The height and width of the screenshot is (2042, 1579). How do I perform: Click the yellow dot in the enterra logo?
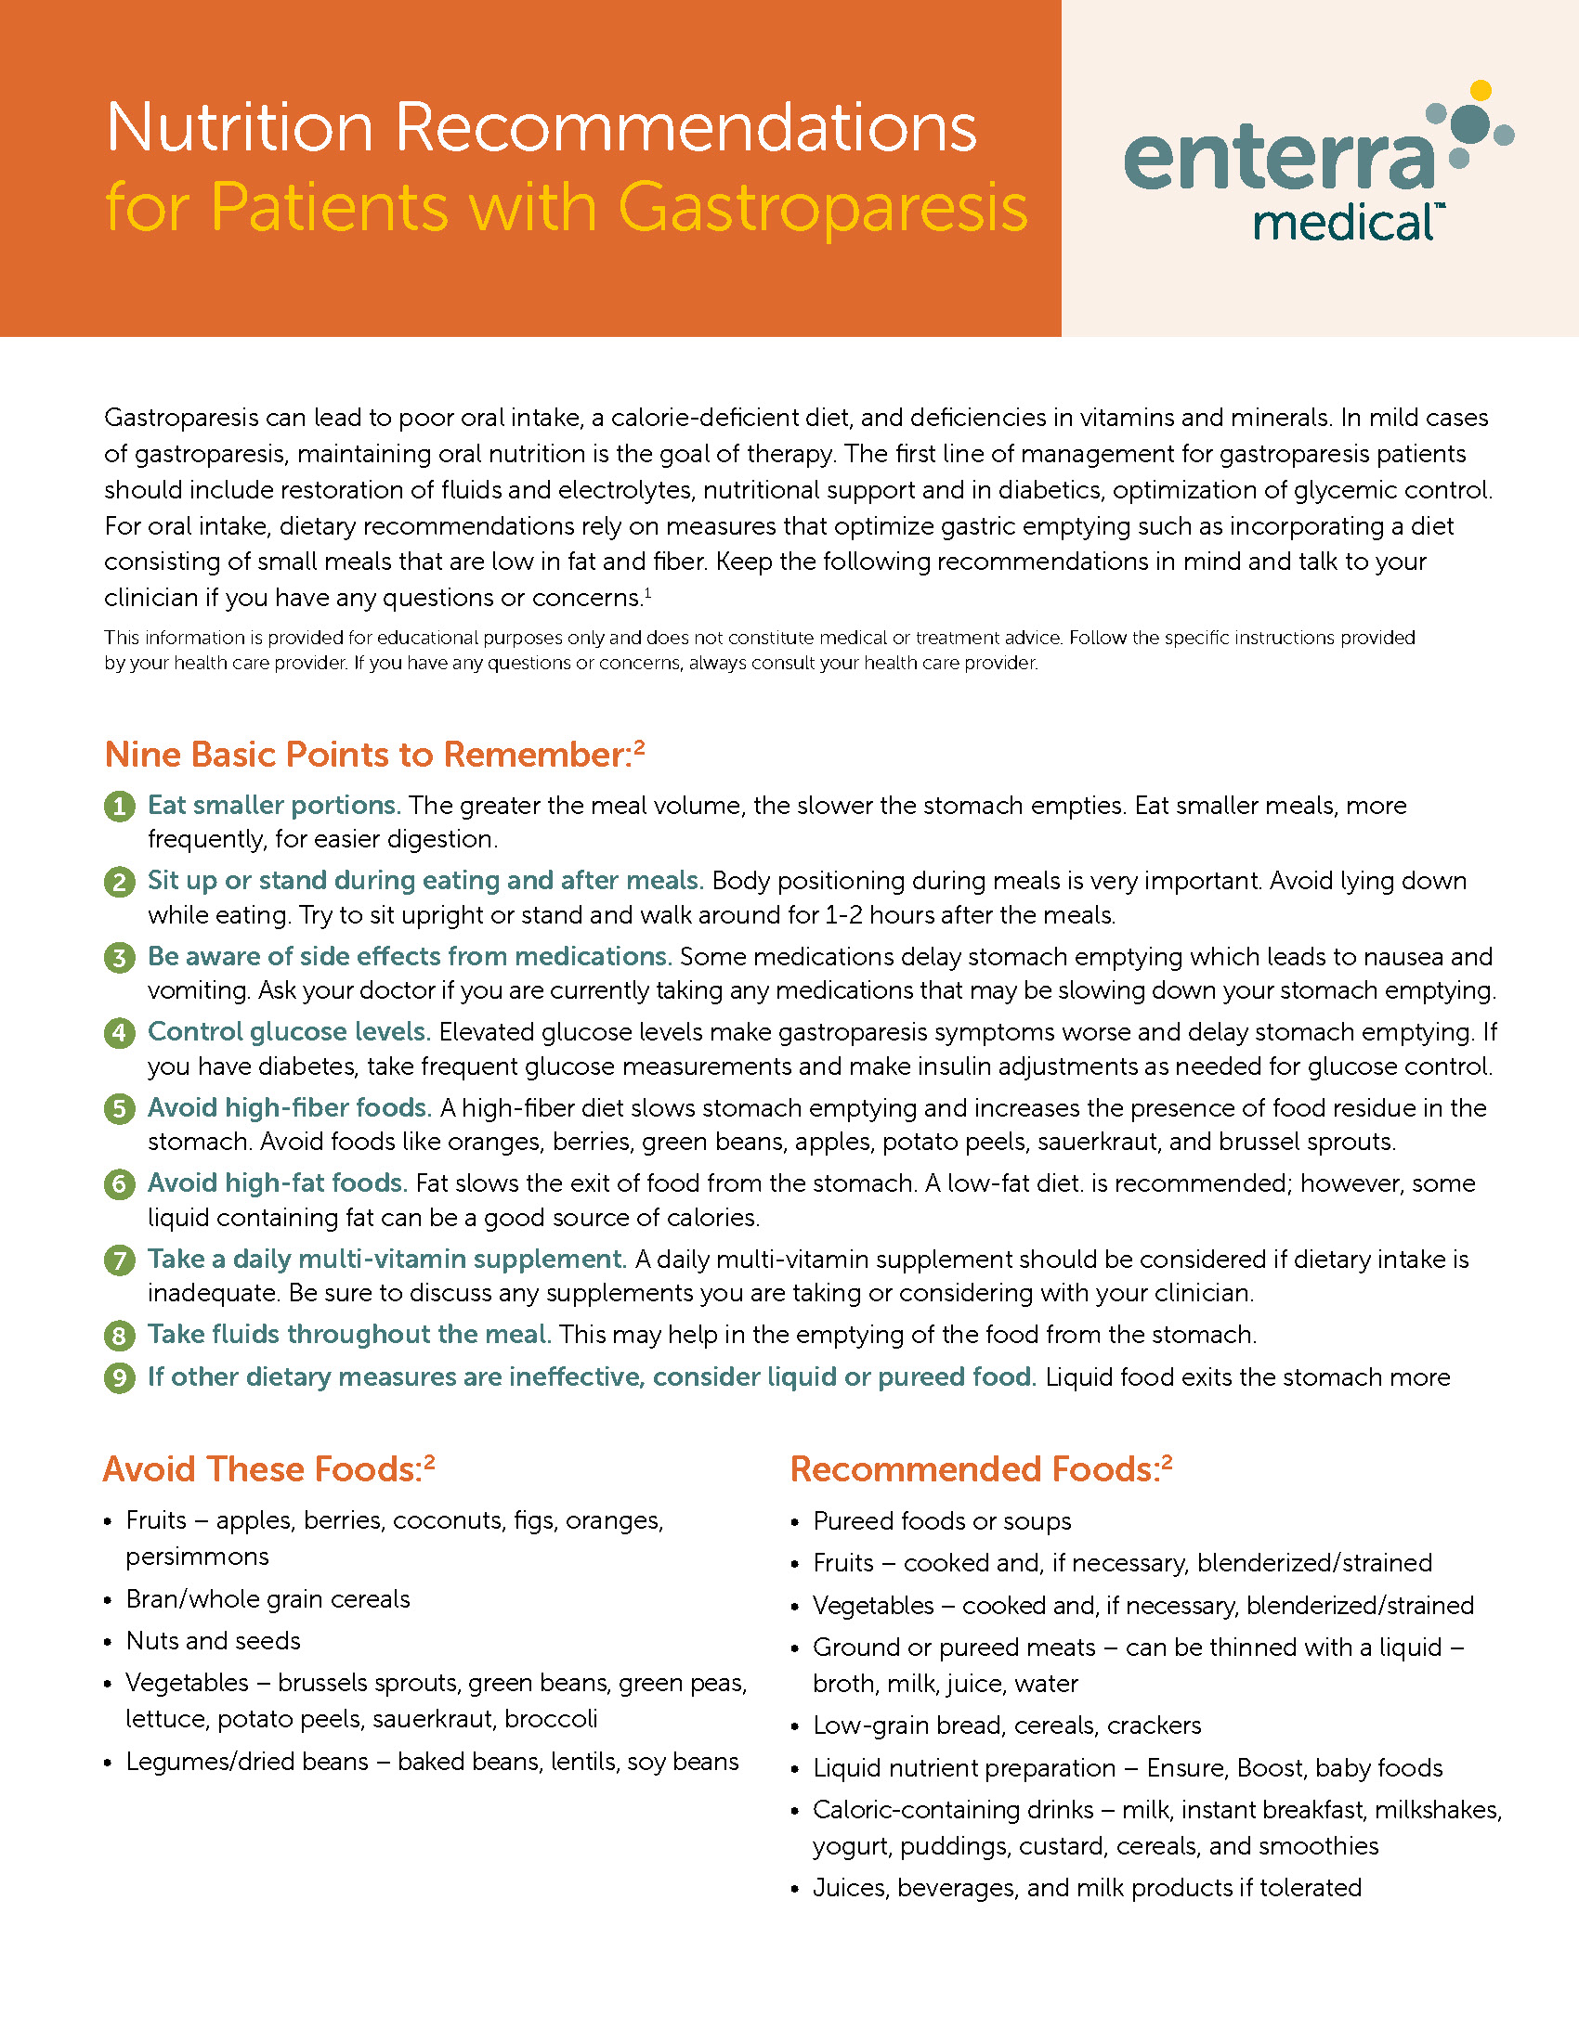(1480, 91)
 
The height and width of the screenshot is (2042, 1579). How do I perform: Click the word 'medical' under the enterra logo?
(1342, 224)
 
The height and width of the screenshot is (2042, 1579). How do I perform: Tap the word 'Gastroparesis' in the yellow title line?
(822, 207)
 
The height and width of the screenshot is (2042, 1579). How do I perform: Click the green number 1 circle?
(119, 806)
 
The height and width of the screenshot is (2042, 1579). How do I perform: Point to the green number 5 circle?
(119, 1109)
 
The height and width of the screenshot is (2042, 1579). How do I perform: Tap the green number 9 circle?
(119, 1378)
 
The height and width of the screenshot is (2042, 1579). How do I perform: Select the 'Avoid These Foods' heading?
(263, 1469)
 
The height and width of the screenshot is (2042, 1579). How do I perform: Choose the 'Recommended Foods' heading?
(974, 1469)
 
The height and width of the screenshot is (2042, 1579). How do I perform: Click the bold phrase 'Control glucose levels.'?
(289, 1031)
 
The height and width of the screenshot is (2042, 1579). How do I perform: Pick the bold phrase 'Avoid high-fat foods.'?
(277, 1183)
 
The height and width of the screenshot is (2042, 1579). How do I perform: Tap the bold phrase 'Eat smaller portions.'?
(274, 805)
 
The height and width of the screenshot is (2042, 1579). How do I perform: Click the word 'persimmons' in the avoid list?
(197, 1557)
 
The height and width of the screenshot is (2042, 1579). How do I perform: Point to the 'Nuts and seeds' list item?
(214, 1640)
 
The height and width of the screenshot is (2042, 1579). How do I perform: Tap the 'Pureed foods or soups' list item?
(942, 1521)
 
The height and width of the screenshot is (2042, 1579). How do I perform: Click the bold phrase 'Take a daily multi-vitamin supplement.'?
(386, 1259)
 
